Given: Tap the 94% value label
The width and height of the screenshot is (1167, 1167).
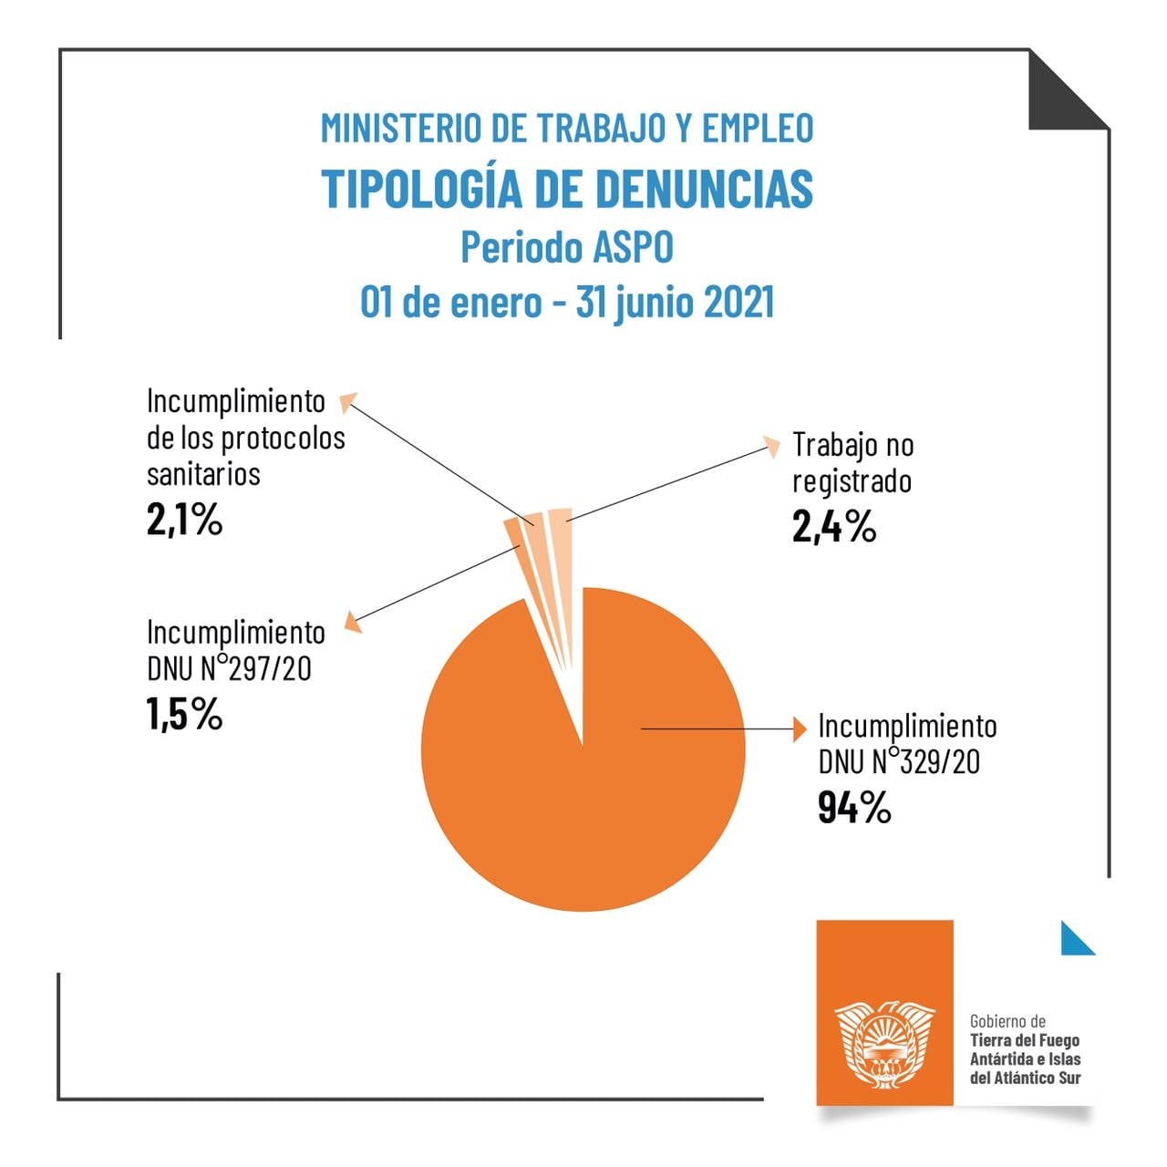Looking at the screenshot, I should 853,808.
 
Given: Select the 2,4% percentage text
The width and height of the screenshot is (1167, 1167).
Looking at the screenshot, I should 833,527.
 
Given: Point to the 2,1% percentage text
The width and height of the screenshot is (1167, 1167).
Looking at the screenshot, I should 184,521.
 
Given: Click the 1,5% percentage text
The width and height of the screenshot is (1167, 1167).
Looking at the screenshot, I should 184,715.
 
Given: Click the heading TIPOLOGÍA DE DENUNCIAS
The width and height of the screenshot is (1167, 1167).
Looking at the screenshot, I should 567,189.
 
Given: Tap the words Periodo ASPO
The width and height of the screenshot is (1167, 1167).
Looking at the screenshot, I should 567,247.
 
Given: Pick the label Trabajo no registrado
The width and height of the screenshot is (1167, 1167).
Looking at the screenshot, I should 852,463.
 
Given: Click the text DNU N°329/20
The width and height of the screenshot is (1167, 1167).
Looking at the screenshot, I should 898,761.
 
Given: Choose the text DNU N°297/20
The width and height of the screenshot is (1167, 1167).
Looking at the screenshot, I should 229,668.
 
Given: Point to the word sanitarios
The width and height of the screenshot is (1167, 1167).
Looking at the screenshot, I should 203,474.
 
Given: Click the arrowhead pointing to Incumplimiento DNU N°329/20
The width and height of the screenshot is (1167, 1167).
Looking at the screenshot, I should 800,729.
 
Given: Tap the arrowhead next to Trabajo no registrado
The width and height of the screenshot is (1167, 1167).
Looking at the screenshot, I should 772,447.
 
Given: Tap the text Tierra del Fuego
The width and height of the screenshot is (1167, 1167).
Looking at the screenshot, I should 1025,1040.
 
